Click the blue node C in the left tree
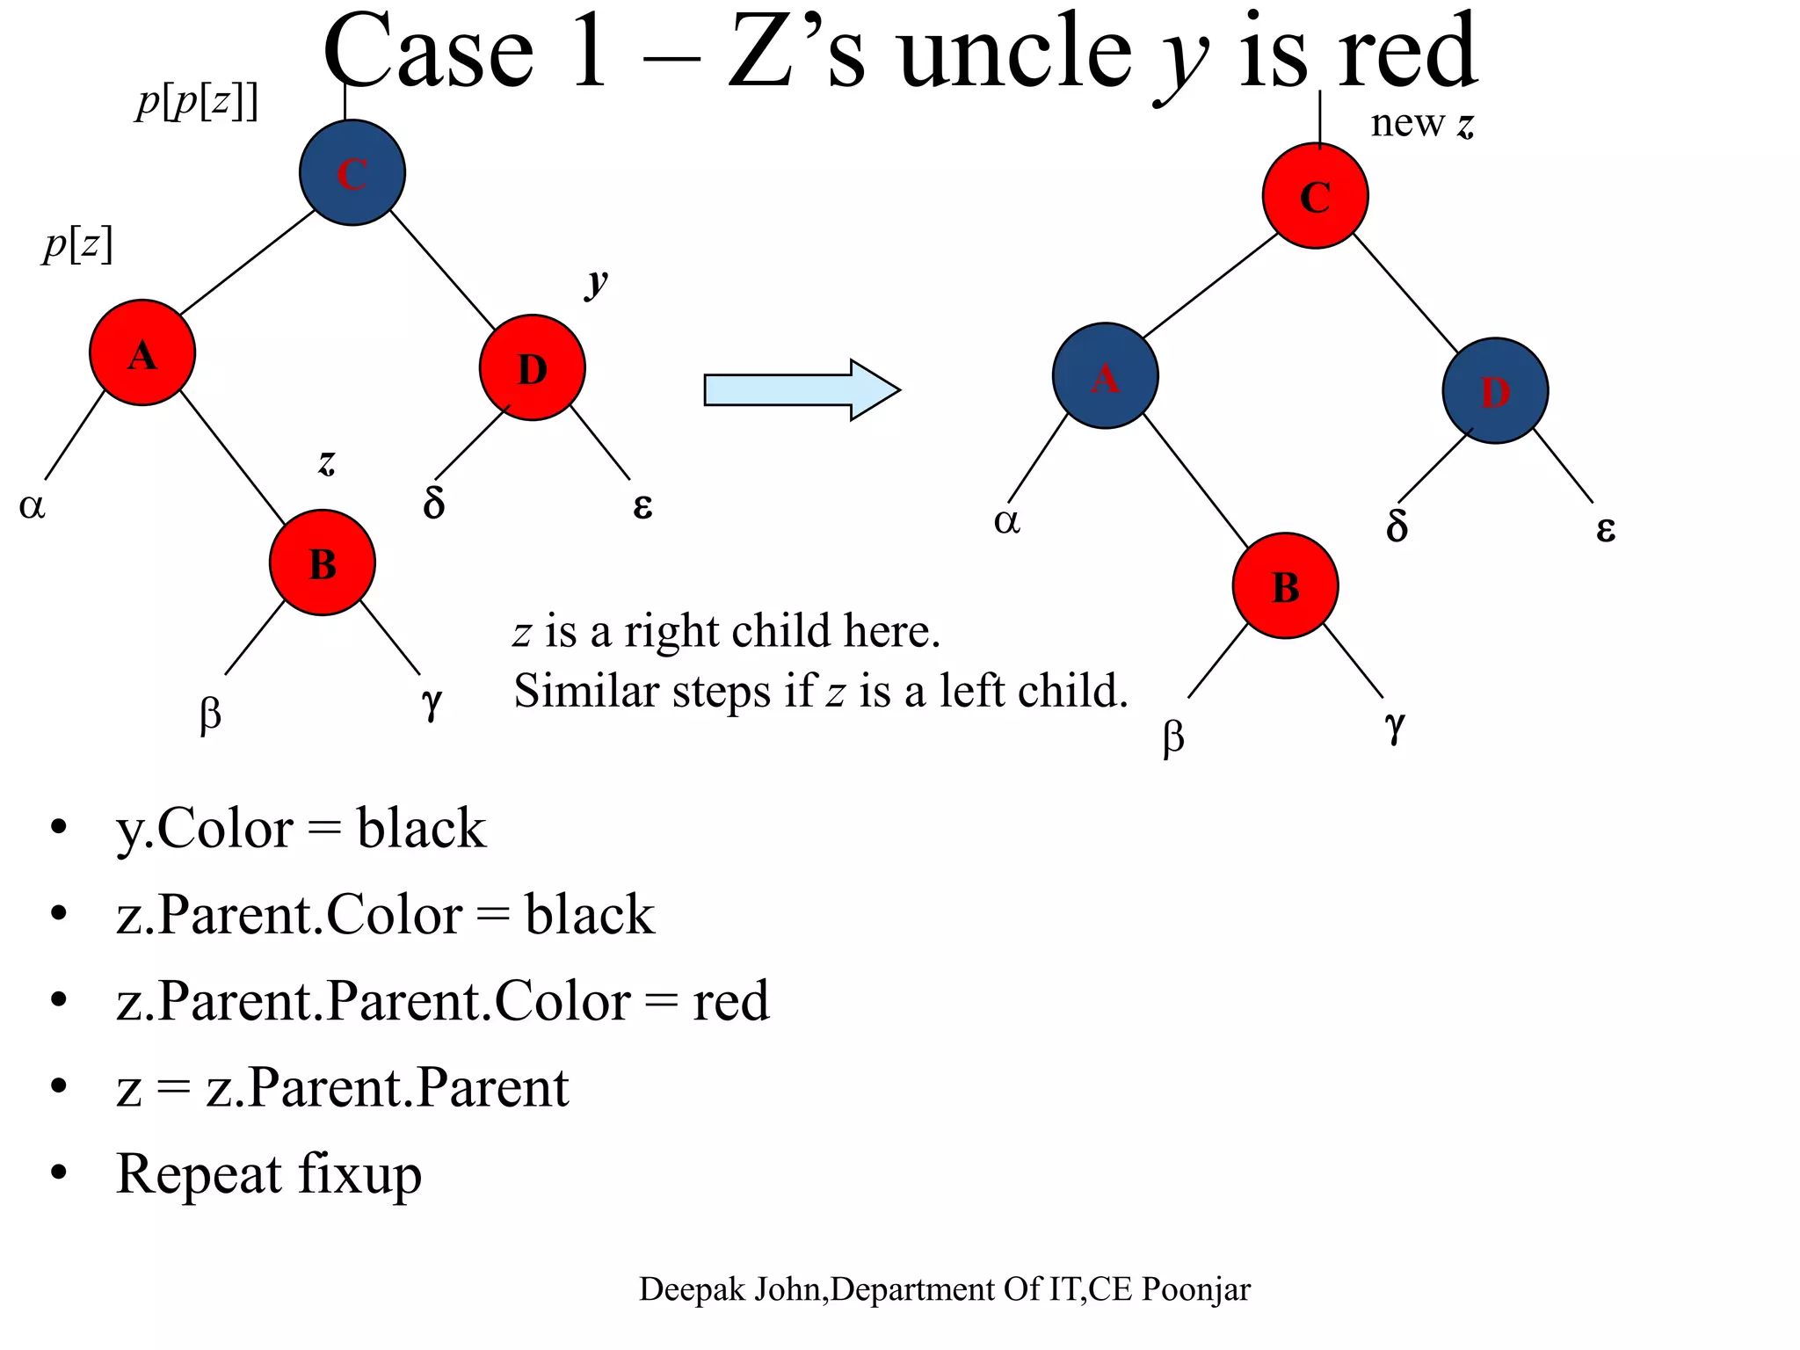(x=352, y=173)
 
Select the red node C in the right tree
(x=1315, y=196)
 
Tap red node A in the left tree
(x=142, y=352)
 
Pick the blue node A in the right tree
(x=1105, y=376)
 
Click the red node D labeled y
(x=532, y=367)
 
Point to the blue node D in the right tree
(x=1495, y=391)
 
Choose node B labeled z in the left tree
(x=323, y=562)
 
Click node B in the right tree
(x=1285, y=585)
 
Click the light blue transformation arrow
(x=802, y=389)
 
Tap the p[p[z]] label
(x=197, y=102)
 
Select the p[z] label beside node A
(x=78, y=244)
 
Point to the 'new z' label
(x=1421, y=123)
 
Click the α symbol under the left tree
(x=32, y=505)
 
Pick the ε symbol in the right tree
(x=1605, y=528)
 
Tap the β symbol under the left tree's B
(x=210, y=714)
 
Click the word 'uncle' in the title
(x=1015, y=53)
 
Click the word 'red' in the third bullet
(x=730, y=1001)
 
